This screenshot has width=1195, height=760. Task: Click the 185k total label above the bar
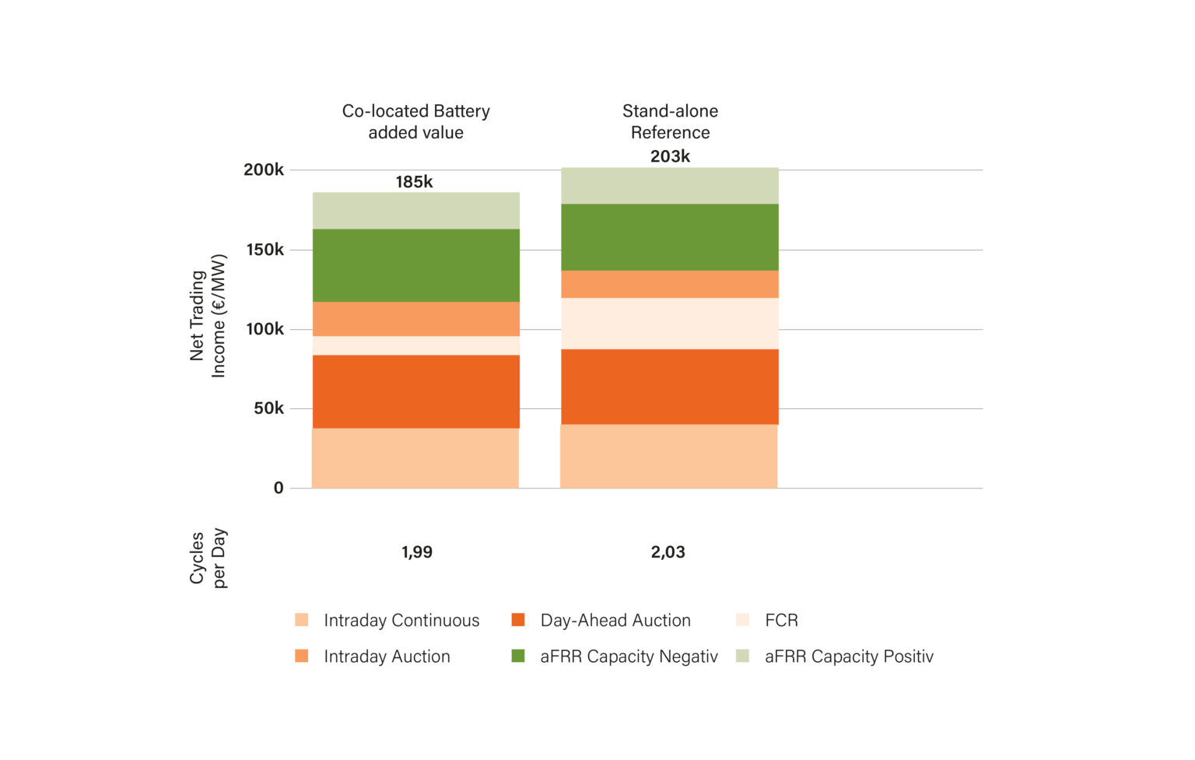pyautogui.click(x=414, y=182)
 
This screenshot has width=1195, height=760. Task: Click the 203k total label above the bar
pyautogui.click(x=670, y=156)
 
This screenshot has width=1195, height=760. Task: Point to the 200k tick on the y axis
pyautogui.click(x=264, y=170)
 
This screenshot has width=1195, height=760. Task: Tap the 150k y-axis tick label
pyautogui.click(x=265, y=250)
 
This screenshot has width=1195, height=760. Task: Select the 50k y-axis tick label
pyautogui.click(x=268, y=408)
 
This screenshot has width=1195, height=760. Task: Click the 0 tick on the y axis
pyautogui.click(x=279, y=489)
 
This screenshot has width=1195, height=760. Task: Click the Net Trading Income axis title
pyautogui.click(x=208, y=316)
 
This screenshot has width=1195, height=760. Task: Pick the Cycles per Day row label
pyautogui.click(x=208, y=558)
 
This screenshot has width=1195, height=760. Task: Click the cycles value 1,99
pyautogui.click(x=417, y=552)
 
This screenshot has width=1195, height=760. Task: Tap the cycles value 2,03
pyautogui.click(x=668, y=552)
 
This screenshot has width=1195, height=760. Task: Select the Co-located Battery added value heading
pyautogui.click(x=416, y=122)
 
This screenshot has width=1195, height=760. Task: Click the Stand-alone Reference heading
pyautogui.click(x=670, y=122)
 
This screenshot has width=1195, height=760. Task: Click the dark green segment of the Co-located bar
pyautogui.click(x=416, y=265)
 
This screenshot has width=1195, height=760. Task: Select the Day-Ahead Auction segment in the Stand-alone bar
pyautogui.click(x=669, y=387)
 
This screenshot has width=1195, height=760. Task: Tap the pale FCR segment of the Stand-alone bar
pyautogui.click(x=669, y=324)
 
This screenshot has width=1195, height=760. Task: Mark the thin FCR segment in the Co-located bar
pyautogui.click(x=416, y=345)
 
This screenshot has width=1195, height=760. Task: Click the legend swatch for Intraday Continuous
pyautogui.click(x=302, y=620)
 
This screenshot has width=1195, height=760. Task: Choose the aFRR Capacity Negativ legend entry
pyautogui.click(x=629, y=657)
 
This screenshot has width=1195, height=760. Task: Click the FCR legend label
pyautogui.click(x=781, y=621)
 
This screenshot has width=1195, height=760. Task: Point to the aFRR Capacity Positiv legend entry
pyautogui.click(x=848, y=657)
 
